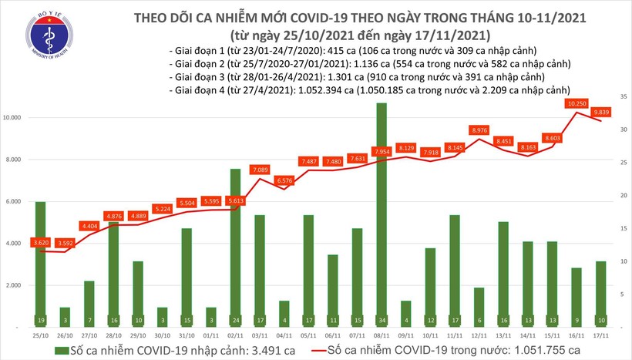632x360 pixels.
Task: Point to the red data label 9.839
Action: tap(603, 112)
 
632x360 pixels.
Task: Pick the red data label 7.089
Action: tap(261, 170)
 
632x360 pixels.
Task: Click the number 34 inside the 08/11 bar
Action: tap(381, 320)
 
